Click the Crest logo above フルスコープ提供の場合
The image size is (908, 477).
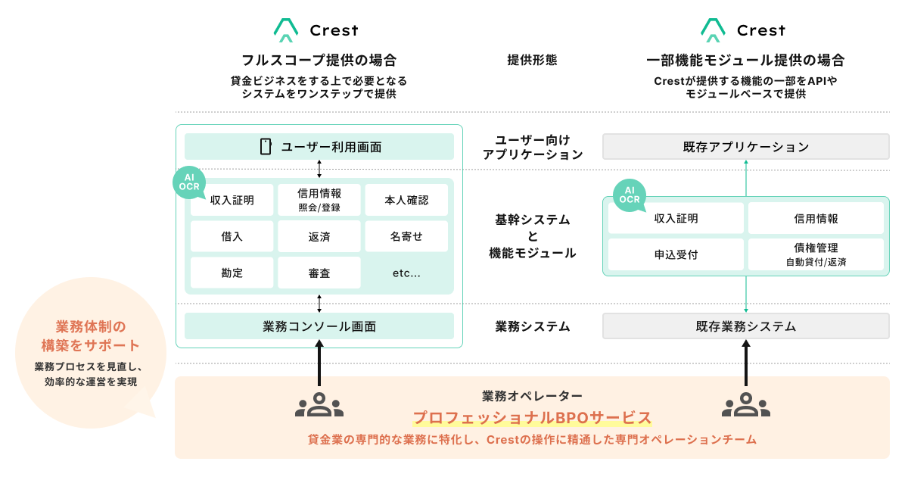316,30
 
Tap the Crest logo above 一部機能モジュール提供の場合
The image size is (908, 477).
742,30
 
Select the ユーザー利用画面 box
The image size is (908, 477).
319,147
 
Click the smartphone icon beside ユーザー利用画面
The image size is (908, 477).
266,147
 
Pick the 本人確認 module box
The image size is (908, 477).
406,201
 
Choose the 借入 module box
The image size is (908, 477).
232,236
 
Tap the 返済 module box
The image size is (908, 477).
319,236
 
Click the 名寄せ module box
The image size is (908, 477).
406,236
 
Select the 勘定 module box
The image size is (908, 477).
232,273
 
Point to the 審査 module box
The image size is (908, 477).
319,273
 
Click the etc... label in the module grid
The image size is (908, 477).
406,273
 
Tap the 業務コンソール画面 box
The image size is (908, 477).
319,326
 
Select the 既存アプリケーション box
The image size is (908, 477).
745,147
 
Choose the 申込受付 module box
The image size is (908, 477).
676,254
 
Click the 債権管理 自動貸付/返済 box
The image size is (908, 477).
815,254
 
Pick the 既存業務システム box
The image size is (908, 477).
745,326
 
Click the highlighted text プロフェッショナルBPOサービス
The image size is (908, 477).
532,418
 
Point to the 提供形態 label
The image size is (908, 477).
531,60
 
